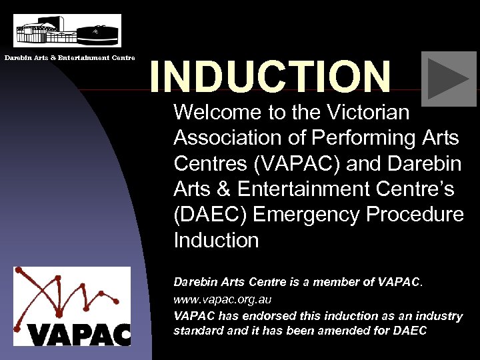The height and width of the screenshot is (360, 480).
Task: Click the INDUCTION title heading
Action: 269,77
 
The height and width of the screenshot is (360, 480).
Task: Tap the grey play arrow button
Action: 448,79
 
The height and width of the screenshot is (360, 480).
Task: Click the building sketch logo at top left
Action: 67,31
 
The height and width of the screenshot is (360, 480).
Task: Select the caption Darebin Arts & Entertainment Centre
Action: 70,58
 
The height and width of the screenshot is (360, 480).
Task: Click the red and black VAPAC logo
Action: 72,306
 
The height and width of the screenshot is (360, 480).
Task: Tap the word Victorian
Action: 369,113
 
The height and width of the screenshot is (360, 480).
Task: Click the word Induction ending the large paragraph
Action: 215,240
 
